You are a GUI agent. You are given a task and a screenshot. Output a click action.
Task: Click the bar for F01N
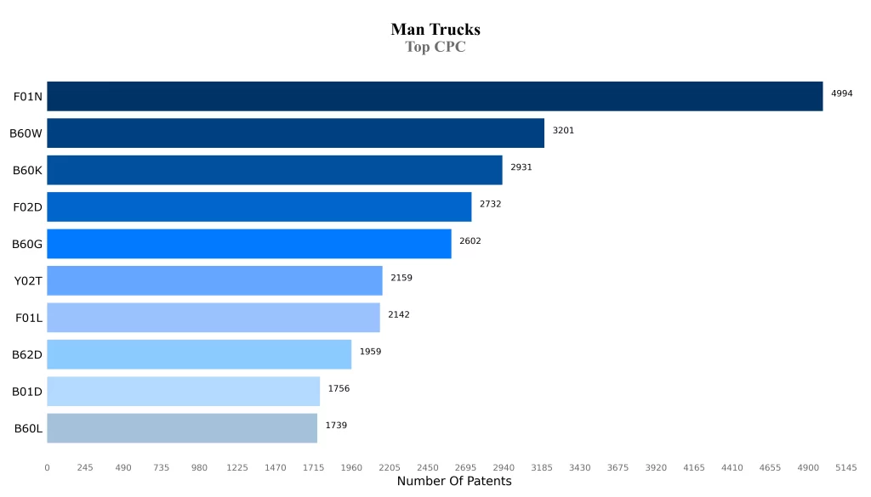[x=435, y=96]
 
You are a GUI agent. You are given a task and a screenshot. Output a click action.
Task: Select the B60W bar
[x=295, y=133]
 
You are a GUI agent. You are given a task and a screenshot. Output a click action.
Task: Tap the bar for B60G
[x=248, y=243]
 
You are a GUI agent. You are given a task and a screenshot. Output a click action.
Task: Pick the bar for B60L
[x=182, y=427]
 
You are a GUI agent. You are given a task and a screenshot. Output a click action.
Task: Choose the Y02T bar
[x=214, y=280]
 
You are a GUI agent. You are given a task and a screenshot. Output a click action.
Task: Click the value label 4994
[x=842, y=93]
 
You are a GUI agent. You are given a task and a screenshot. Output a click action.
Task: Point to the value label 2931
[x=521, y=167]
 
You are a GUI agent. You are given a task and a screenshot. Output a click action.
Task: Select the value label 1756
[x=339, y=388]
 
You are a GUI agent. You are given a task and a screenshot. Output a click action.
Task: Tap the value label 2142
[x=399, y=314]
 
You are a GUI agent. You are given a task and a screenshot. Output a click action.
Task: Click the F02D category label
[x=27, y=206]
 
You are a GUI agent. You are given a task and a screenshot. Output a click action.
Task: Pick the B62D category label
[x=27, y=354]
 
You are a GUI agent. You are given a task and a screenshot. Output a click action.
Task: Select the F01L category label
[x=29, y=318]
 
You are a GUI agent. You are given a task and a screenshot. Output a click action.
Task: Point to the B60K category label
[x=27, y=170]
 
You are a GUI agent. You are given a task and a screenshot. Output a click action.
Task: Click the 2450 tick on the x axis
[x=428, y=467]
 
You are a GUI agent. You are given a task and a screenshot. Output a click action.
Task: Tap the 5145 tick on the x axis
[x=846, y=467]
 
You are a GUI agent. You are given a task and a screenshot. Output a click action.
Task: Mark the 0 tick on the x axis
[x=47, y=467]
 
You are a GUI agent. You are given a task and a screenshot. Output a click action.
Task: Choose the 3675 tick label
[x=618, y=467]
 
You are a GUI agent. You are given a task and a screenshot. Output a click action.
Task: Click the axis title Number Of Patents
[x=454, y=482]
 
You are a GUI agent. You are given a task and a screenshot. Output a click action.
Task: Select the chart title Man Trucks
[x=435, y=30]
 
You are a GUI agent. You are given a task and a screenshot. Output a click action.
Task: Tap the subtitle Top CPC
[x=435, y=48]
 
